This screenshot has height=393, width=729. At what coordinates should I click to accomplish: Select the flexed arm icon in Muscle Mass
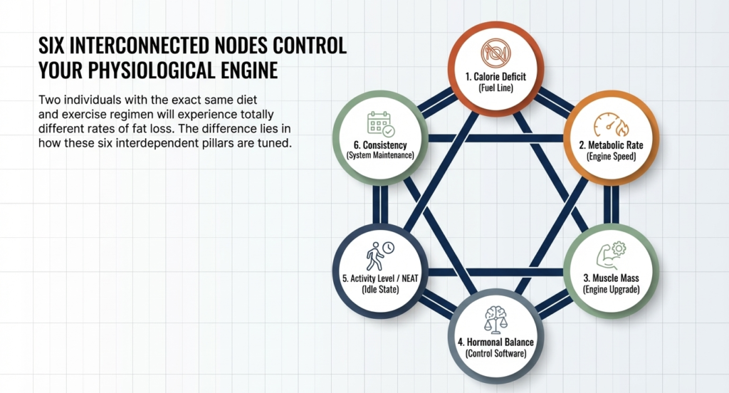coord(611,254)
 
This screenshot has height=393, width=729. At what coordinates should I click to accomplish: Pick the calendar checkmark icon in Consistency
coord(380,124)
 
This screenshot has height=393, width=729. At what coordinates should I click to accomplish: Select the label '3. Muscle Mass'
coord(612,278)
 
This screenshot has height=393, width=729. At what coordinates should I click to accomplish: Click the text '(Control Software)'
coord(495,354)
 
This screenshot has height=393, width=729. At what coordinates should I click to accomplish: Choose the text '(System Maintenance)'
coord(379,154)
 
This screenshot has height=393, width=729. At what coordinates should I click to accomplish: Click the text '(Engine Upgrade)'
coord(612,290)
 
